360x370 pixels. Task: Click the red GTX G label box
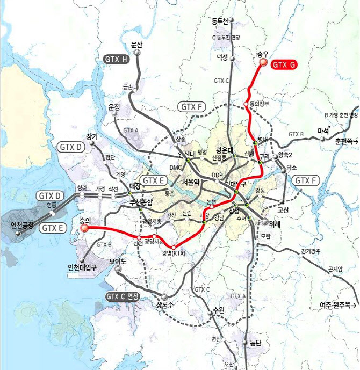click(284, 65)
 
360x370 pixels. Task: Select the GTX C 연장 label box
click(123, 296)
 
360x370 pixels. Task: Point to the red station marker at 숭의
click(84, 228)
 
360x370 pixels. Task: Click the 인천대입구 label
click(81, 266)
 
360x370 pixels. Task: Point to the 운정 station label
click(114, 107)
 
